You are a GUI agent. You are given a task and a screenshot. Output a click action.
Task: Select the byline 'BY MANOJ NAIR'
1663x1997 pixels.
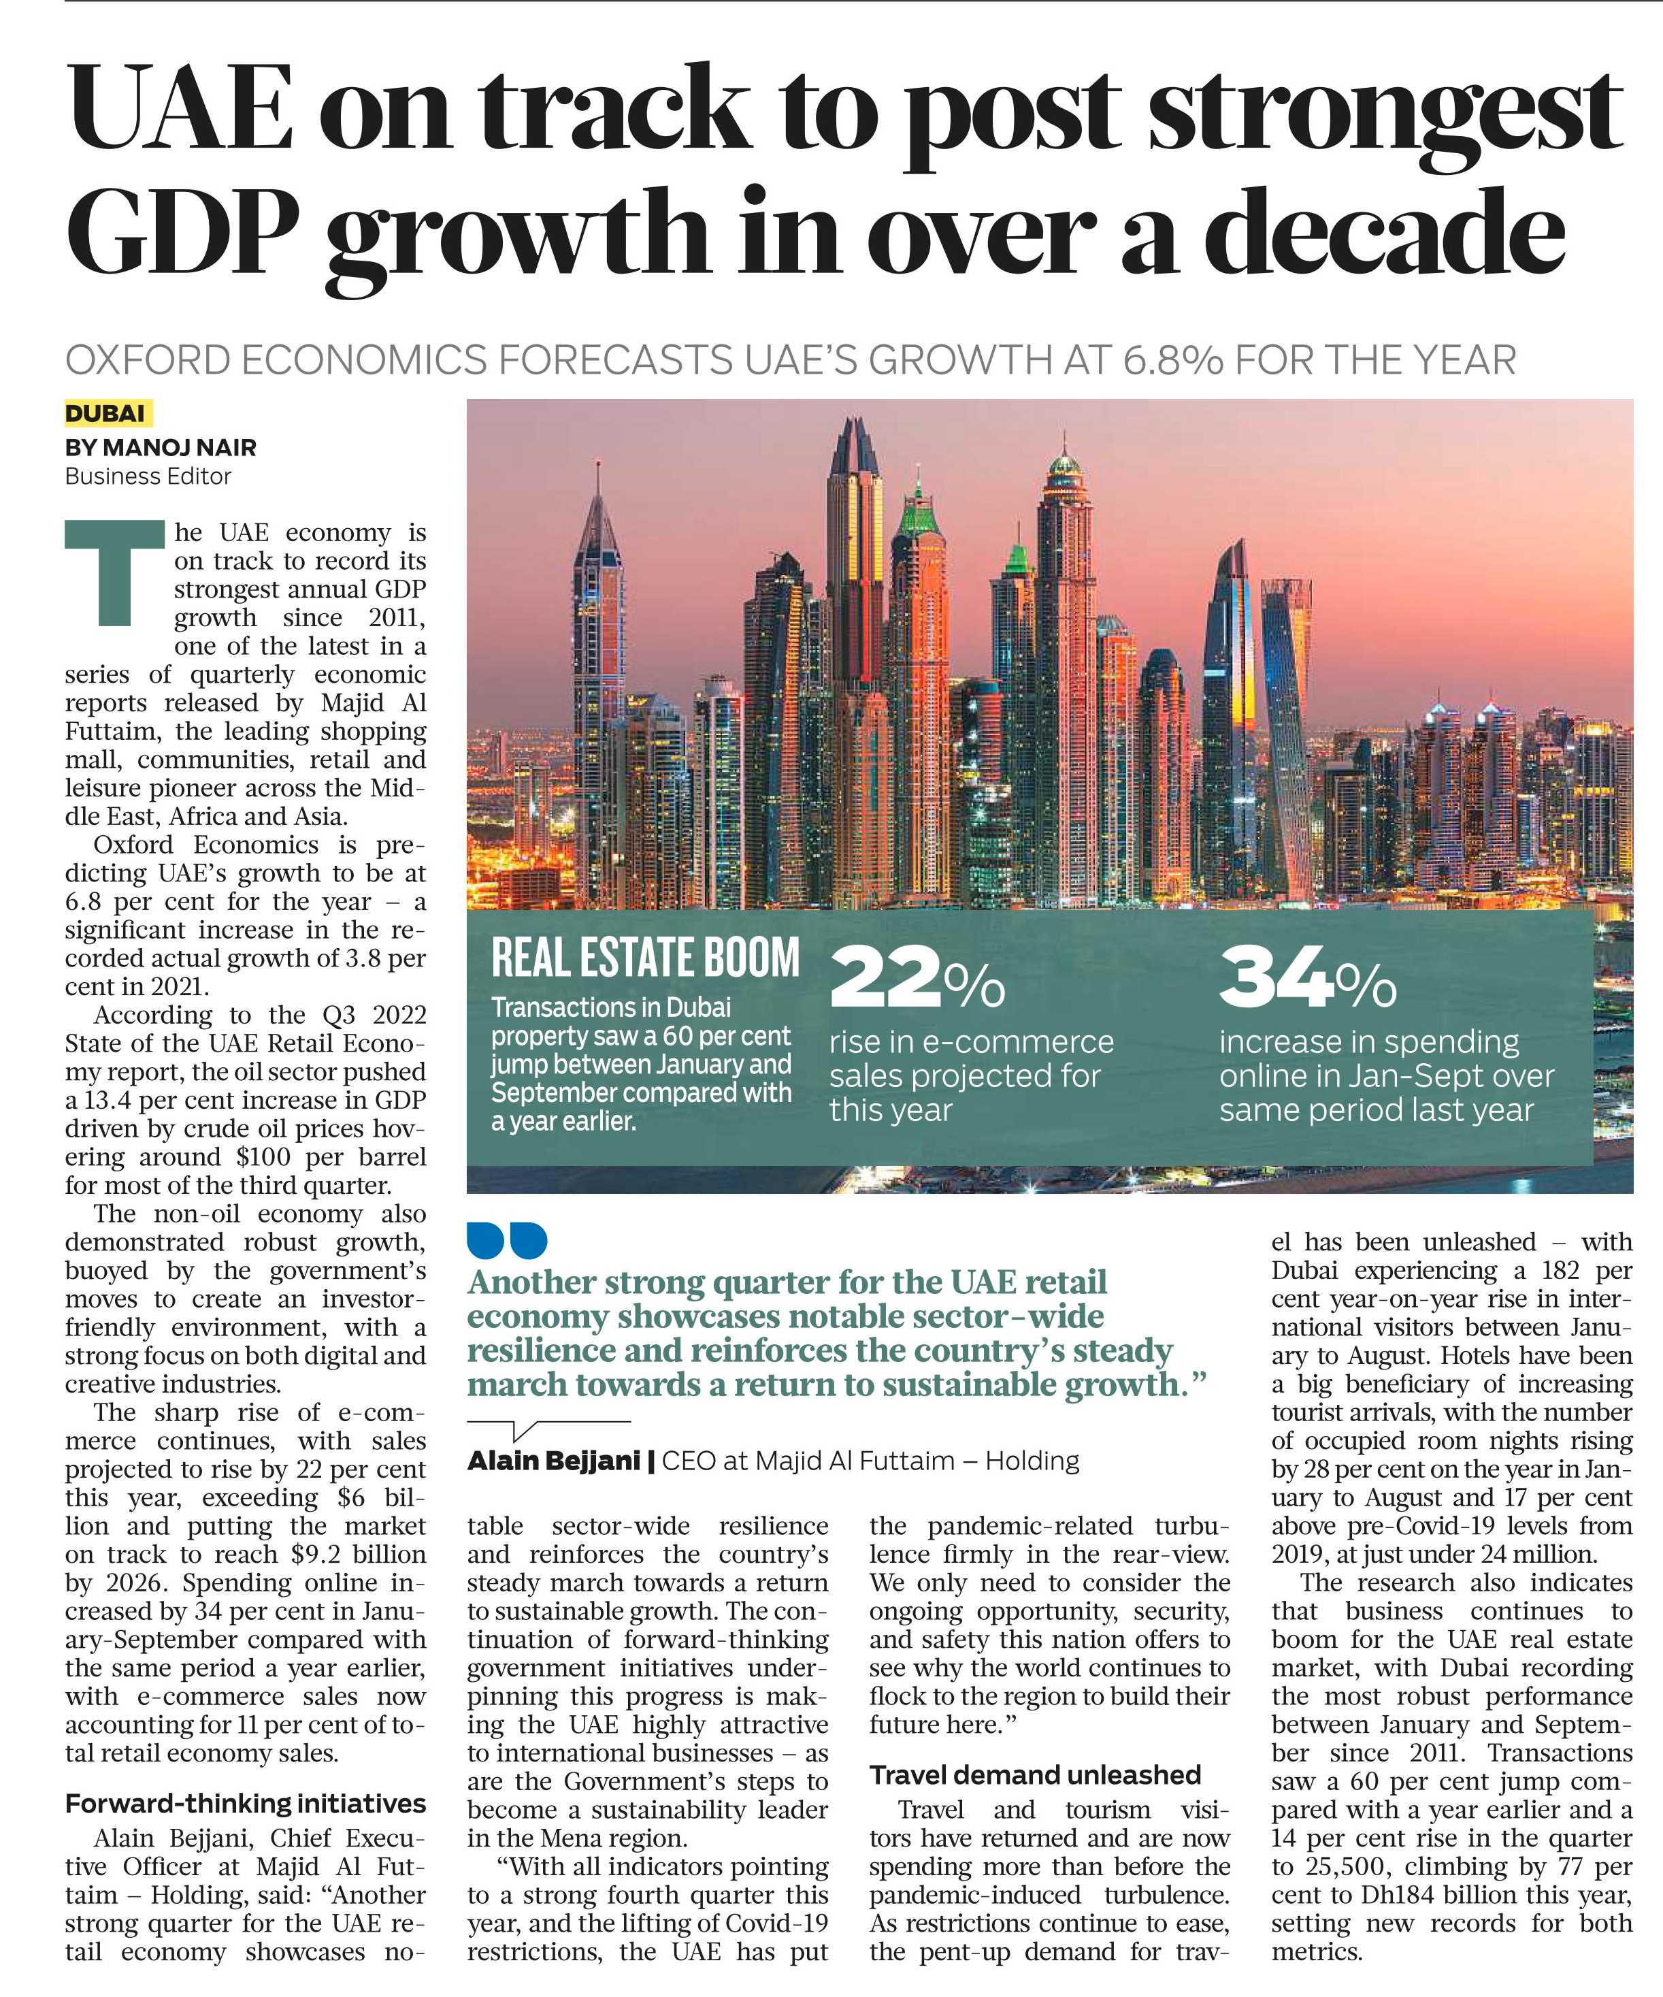tap(161, 447)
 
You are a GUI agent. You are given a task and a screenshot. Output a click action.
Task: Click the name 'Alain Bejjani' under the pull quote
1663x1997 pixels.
tap(553, 1461)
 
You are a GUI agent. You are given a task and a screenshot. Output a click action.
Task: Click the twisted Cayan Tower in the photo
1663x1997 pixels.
tap(1290, 704)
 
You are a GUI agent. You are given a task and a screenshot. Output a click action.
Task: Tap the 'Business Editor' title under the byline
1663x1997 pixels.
tap(148, 476)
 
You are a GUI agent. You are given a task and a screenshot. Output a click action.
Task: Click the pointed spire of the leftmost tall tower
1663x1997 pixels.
tap(598, 481)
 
